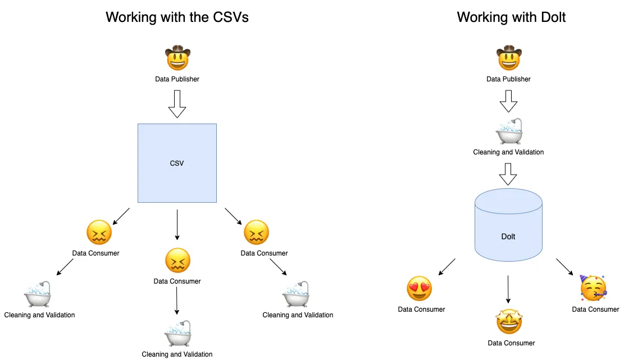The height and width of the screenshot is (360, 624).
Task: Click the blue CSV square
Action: (x=177, y=163)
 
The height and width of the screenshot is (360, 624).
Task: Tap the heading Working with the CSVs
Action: (x=177, y=17)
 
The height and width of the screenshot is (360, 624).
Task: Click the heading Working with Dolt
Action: (x=511, y=17)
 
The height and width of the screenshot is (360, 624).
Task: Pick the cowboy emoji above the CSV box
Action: (x=177, y=58)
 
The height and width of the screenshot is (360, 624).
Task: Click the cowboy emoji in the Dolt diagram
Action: (x=509, y=58)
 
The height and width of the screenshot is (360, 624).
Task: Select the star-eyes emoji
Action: (x=509, y=322)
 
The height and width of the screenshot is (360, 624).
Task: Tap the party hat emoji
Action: (x=594, y=288)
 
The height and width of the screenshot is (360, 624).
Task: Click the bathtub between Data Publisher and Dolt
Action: (x=509, y=133)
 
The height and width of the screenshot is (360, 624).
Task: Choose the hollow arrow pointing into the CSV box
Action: (x=177, y=104)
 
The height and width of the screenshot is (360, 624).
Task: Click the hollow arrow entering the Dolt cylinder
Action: (x=508, y=174)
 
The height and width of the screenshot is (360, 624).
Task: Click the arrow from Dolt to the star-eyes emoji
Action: (x=508, y=289)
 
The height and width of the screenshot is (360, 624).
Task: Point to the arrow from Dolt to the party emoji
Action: (x=564, y=267)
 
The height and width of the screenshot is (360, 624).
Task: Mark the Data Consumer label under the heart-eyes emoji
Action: (x=421, y=309)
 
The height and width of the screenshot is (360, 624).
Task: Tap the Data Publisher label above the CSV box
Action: (x=177, y=79)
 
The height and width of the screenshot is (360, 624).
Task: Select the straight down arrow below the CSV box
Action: (x=177, y=225)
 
